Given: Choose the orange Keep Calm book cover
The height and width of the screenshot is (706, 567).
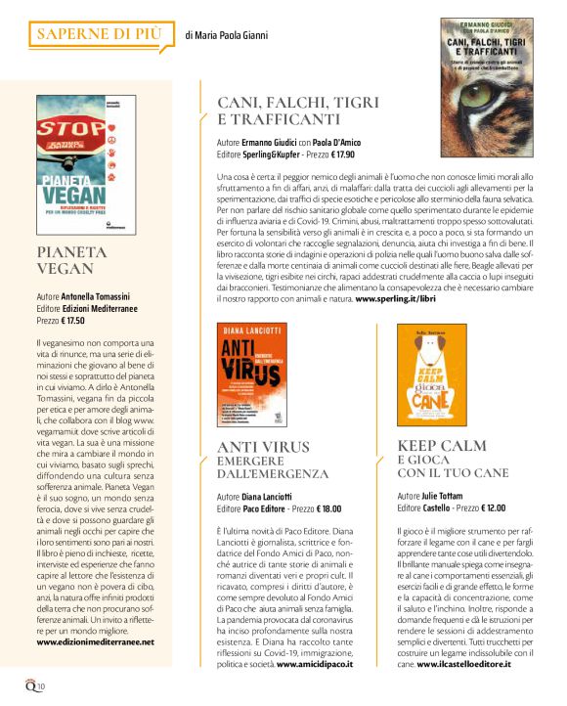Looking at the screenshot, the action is [431, 373].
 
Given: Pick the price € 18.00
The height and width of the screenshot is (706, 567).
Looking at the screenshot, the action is [328, 509].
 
